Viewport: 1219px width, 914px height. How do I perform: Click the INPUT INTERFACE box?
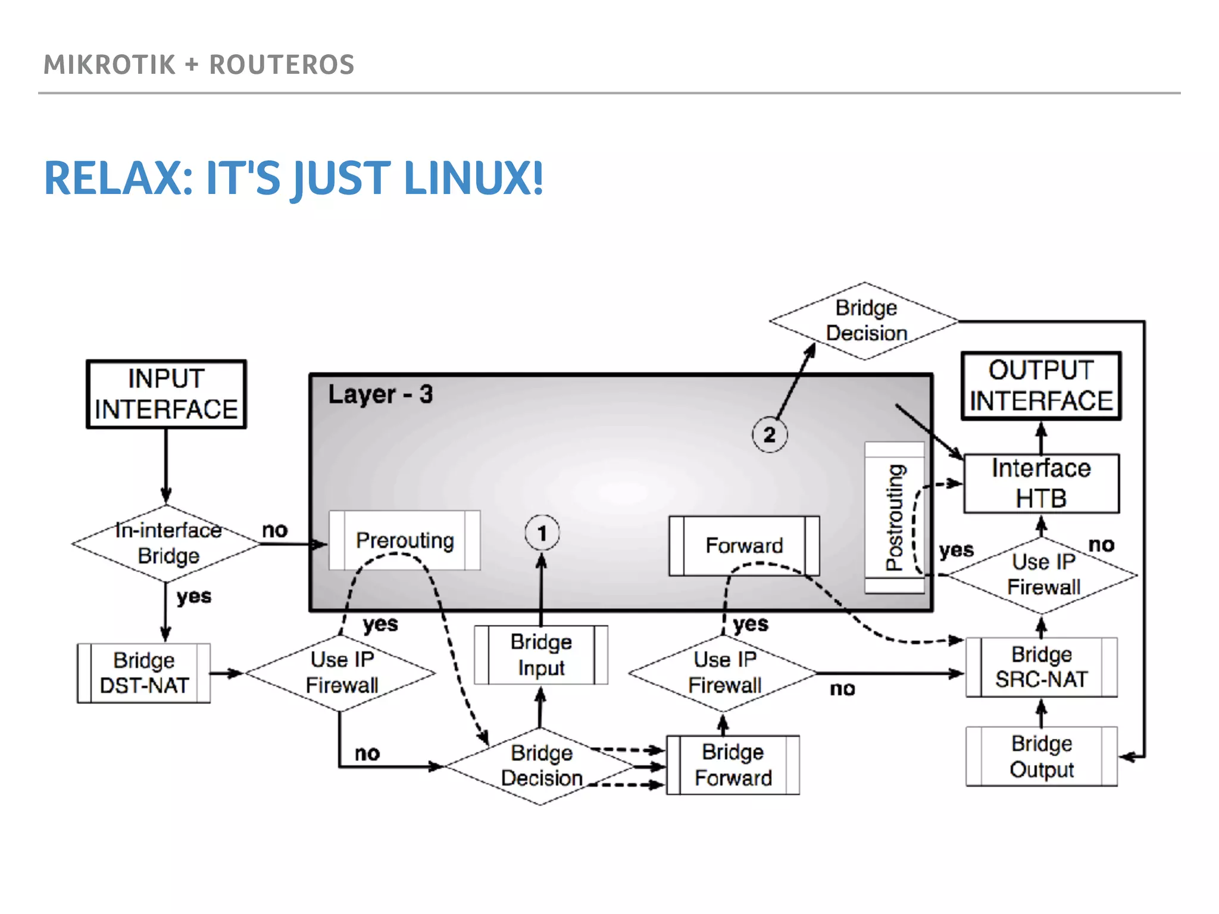[166, 394]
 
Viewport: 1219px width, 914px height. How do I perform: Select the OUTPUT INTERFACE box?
[1041, 386]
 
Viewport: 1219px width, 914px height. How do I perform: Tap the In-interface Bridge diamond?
[167, 543]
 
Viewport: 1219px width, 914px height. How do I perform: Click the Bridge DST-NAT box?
[144, 673]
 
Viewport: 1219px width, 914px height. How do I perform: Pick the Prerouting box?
[405, 540]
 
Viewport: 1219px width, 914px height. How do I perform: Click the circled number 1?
[542, 533]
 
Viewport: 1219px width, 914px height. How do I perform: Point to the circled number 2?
[769, 434]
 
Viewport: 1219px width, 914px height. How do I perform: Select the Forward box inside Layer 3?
[744, 546]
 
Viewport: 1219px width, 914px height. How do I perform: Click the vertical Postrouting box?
[895, 517]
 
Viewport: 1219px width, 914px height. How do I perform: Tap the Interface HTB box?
[1041, 483]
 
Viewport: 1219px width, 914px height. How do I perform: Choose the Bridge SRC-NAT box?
[1041, 667]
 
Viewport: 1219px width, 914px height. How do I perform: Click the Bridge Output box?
[1041, 756]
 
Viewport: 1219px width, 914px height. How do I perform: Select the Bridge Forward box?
[733, 765]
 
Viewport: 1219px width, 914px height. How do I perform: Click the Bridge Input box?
[541, 655]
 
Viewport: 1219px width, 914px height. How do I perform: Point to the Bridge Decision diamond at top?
[865, 321]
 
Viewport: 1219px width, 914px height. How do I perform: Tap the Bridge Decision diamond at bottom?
[540, 766]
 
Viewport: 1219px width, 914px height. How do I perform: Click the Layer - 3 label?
[380, 394]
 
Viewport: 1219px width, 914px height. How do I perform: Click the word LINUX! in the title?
[473, 178]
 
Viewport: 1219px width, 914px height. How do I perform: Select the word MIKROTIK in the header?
[110, 64]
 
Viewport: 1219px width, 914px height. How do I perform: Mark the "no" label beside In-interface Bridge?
[275, 530]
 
